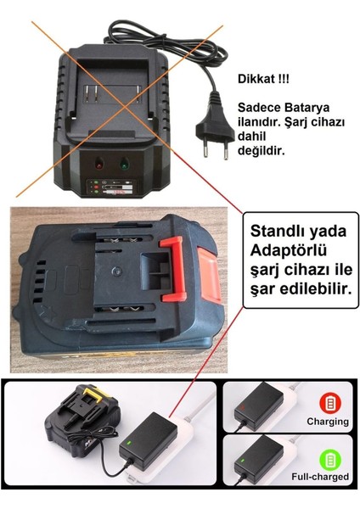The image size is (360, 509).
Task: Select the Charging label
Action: click(x=328, y=422)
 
